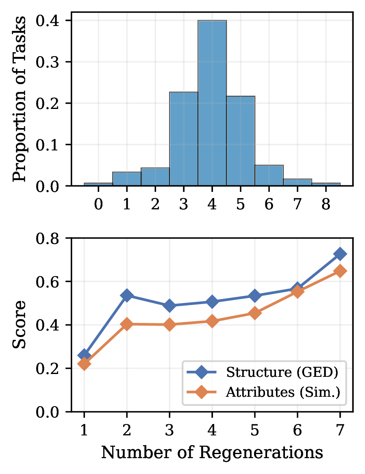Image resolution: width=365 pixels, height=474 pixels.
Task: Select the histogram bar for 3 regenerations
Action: (x=183, y=139)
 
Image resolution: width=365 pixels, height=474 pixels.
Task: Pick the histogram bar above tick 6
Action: (x=269, y=176)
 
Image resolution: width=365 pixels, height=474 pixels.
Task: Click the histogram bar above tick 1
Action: (x=126, y=179)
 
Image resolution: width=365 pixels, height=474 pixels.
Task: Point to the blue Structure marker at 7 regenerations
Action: (x=340, y=254)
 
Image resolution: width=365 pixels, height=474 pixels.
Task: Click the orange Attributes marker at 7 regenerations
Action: (x=340, y=271)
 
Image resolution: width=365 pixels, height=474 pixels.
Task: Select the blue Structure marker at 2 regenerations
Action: (x=127, y=296)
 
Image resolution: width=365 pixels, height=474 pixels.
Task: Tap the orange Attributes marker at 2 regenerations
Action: (x=127, y=324)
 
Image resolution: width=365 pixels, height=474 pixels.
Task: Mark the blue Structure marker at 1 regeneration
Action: (x=84, y=355)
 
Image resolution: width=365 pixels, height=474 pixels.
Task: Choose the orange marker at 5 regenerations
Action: (x=254, y=313)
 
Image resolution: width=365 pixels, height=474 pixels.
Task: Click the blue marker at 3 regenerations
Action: (x=169, y=306)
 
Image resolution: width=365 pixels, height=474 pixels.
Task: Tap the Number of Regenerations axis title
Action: (x=212, y=452)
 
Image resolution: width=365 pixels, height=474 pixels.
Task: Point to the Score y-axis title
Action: (x=19, y=324)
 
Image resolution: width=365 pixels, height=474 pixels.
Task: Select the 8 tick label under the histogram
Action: (x=325, y=204)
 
